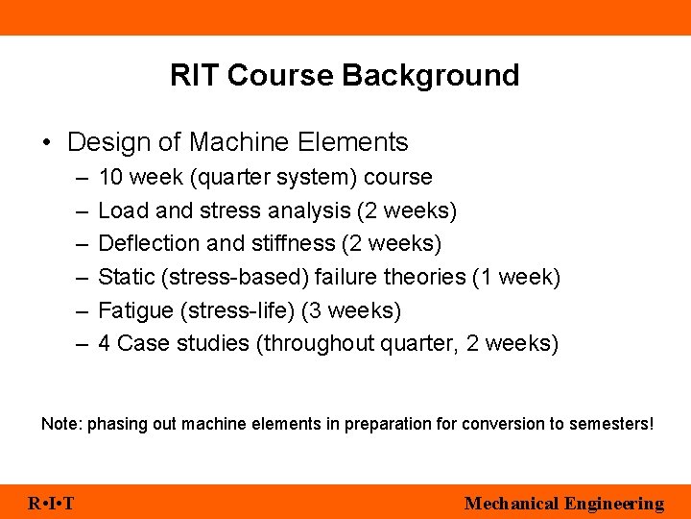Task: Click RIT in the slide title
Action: coord(196,75)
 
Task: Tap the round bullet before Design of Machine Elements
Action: coord(47,143)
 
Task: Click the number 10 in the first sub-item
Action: coord(110,178)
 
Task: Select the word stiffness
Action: coord(287,243)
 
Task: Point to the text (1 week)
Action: coord(516,277)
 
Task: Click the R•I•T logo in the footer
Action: coord(52,504)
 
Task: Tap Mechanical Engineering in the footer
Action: coord(563,504)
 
